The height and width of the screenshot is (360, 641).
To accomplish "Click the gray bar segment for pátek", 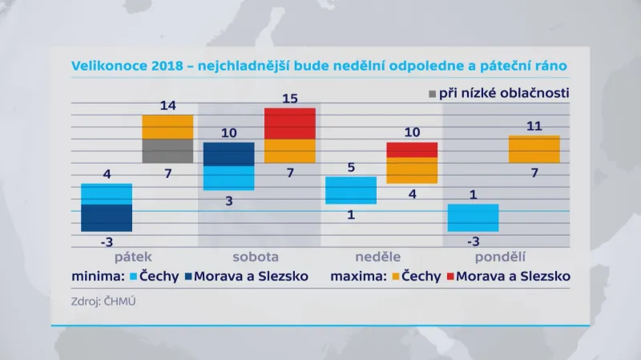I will coord(167,151).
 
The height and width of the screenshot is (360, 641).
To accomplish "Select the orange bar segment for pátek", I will coord(167,127).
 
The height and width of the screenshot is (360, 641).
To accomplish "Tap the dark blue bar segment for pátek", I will coord(107,218).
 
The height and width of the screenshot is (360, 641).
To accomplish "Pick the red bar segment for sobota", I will coord(289,123).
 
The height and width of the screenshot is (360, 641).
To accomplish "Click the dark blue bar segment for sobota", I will coord(228,154).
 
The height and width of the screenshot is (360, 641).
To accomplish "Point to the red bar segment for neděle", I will coord(412,150).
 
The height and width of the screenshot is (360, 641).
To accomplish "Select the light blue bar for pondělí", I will coord(473,217).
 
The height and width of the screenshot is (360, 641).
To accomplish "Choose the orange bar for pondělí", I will coord(534,149).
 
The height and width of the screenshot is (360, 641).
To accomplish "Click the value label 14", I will coord(167,104).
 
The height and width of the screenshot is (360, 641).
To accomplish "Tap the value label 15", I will coord(289,98).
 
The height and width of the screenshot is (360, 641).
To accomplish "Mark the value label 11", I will coord(534,126).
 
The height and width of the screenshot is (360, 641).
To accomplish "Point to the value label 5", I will coord(350,168).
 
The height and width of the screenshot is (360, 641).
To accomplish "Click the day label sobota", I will coord(256,257).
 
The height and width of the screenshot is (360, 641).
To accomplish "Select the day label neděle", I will coord(379,257).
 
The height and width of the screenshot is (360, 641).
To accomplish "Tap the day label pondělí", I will coord(500,257).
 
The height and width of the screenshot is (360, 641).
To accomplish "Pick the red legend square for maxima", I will coord(454,277).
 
